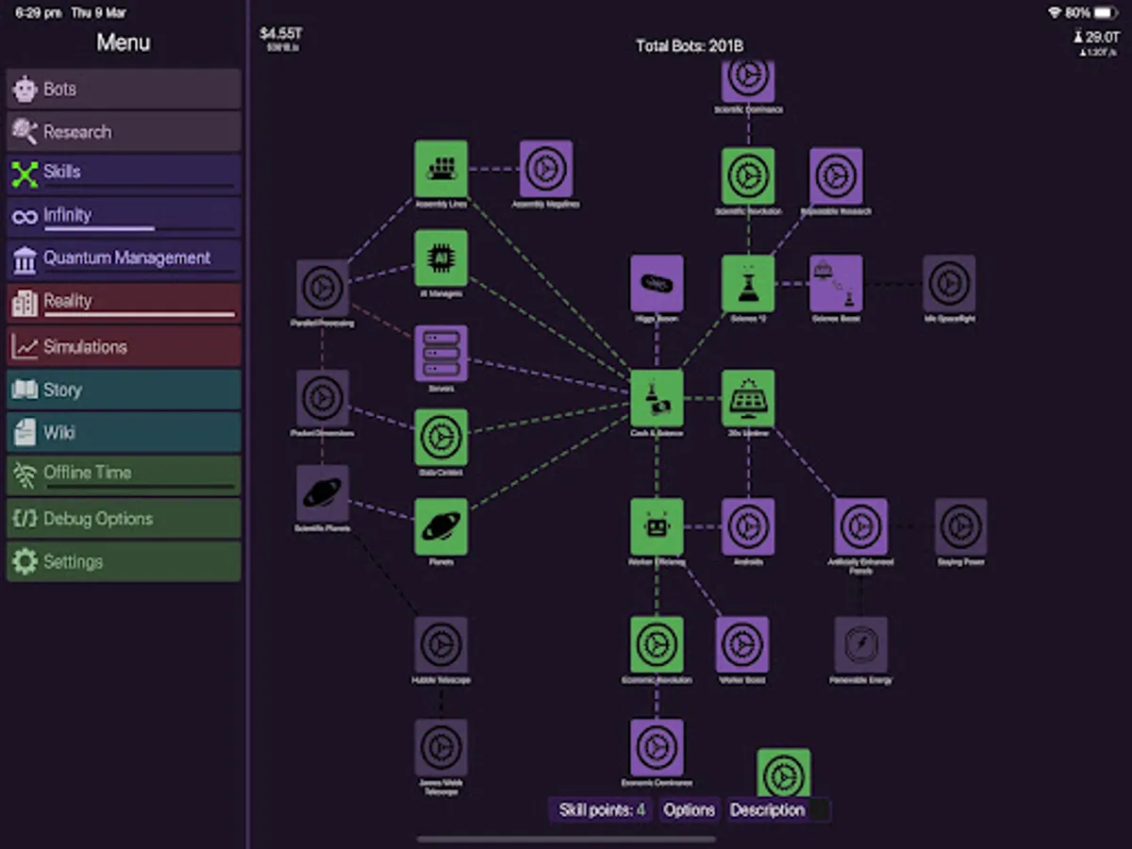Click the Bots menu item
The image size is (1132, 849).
click(x=124, y=90)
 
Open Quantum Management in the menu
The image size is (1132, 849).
click(x=124, y=258)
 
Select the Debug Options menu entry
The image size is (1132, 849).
click(x=124, y=519)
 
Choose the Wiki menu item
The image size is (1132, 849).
click(x=124, y=433)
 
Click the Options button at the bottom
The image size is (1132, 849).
click(x=689, y=810)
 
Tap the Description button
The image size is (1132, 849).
click(x=767, y=810)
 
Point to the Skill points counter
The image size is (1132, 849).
click(x=602, y=810)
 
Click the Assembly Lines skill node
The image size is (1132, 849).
click(x=441, y=169)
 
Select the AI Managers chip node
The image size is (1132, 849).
click(x=441, y=258)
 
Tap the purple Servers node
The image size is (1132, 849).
click(x=441, y=353)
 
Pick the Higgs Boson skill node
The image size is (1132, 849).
click(x=657, y=283)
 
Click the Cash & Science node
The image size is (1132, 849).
click(x=657, y=397)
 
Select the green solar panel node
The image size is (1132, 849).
click(x=748, y=397)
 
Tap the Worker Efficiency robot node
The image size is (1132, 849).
click(x=657, y=526)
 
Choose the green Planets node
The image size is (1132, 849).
click(x=441, y=526)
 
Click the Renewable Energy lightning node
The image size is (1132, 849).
click(x=860, y=644)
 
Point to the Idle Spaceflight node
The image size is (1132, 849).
click(x=949, y=283)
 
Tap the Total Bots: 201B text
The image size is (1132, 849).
click(x=690, y=46)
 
